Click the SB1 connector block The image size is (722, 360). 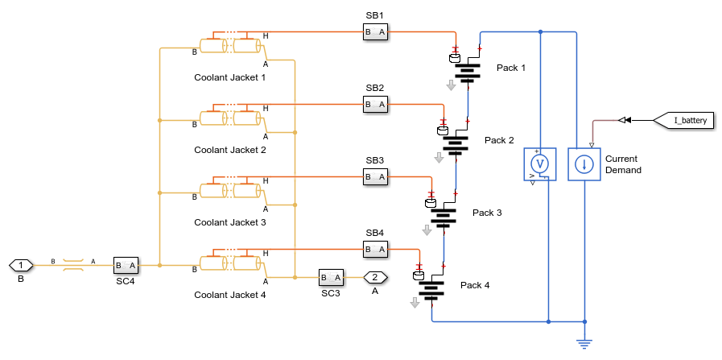[375, 32]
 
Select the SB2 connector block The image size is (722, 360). [375, 104]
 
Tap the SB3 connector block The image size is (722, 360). [375, 176]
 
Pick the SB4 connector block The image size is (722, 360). [375, 250]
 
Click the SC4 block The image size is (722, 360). [126, 265]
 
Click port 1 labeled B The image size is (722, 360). [21, 265]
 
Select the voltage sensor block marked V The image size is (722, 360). [541, 164]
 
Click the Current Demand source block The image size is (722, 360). [584, 164]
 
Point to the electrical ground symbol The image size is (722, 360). [584, 342]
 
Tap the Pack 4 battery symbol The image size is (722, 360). [432, 289]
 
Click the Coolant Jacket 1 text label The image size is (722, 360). [229, 77]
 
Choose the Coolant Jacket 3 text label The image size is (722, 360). [229, 222]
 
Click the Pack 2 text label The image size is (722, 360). [499, 140]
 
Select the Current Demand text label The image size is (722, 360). [623, 164]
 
